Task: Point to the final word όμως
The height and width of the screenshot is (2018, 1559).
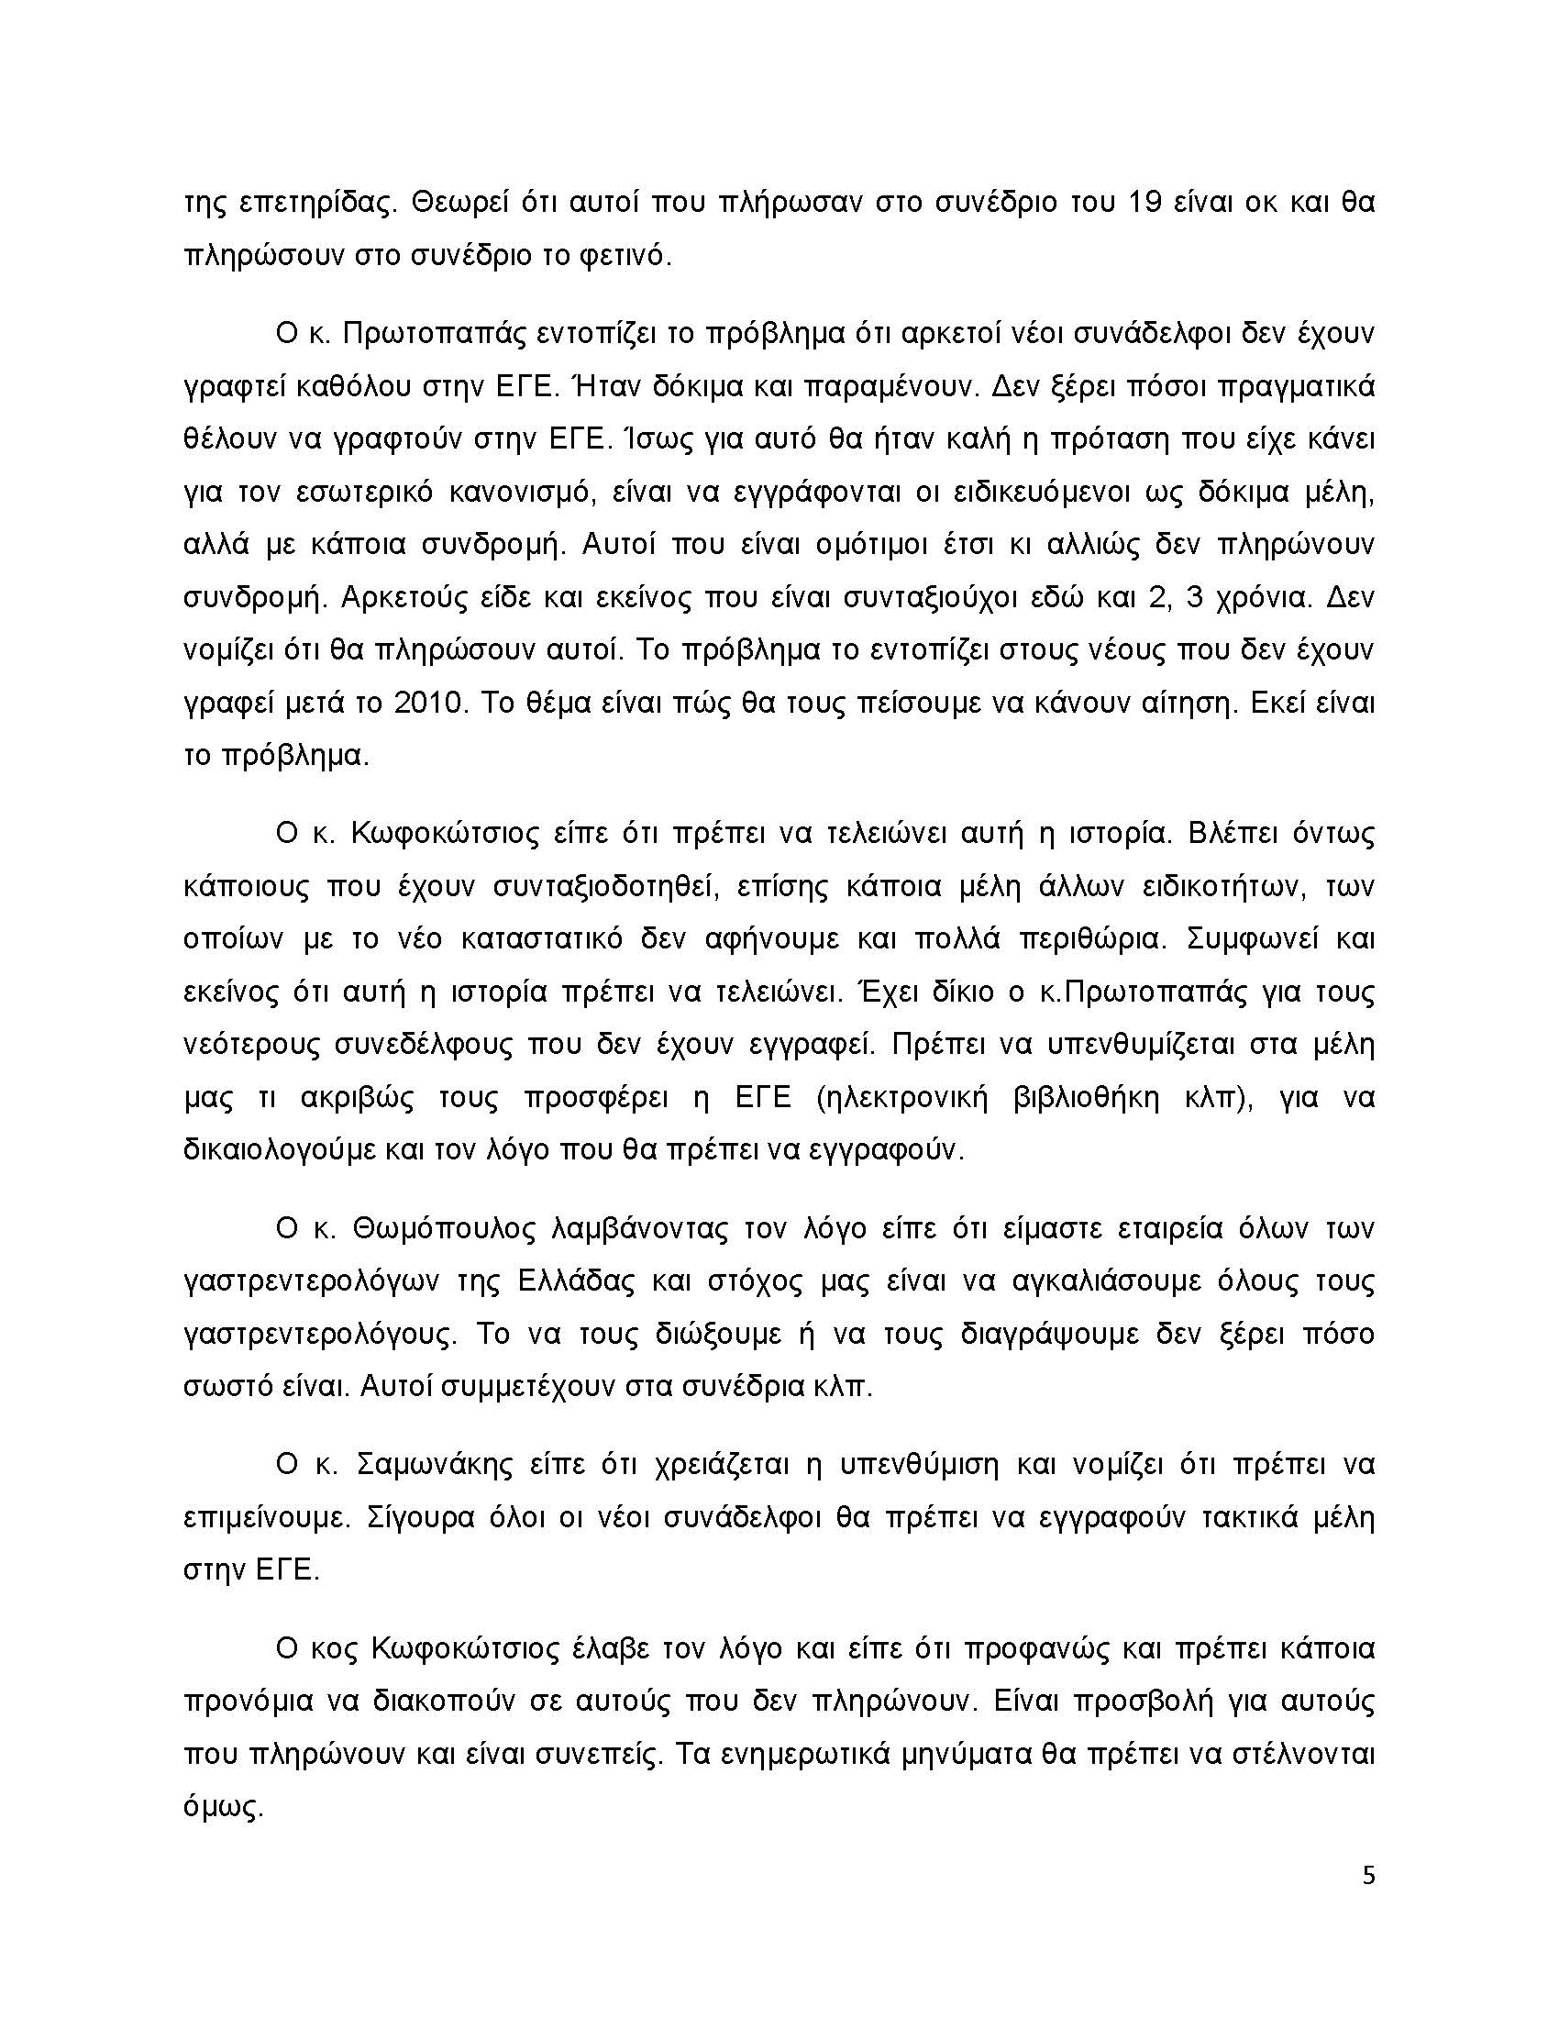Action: pyautogui.click(x=225, y=1806)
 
